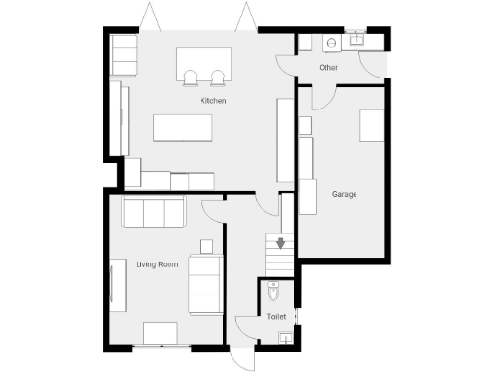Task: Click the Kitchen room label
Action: (x=213, y=100)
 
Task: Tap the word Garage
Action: (x=344, y=194)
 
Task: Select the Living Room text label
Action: (x=157, y=263)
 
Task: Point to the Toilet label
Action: (x=277, y=316)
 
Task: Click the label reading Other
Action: (x=328, y=68)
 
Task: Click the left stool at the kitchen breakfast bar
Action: (x=193, y=77)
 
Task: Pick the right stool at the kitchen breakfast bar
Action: (x=217, y=77)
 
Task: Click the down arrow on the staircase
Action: (x=281, y=243)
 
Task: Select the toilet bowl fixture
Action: (x=274, y=292)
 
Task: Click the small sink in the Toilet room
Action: (x=284, y=337)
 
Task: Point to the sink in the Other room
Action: (x=357, y=40)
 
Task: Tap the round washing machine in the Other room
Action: (x=331, y=42)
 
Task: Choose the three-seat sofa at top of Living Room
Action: (x=153, y=210)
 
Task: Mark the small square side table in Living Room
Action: (x=205, y=245)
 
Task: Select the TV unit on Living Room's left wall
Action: (x=112, y=285)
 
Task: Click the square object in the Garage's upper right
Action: (x=373, y=127)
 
